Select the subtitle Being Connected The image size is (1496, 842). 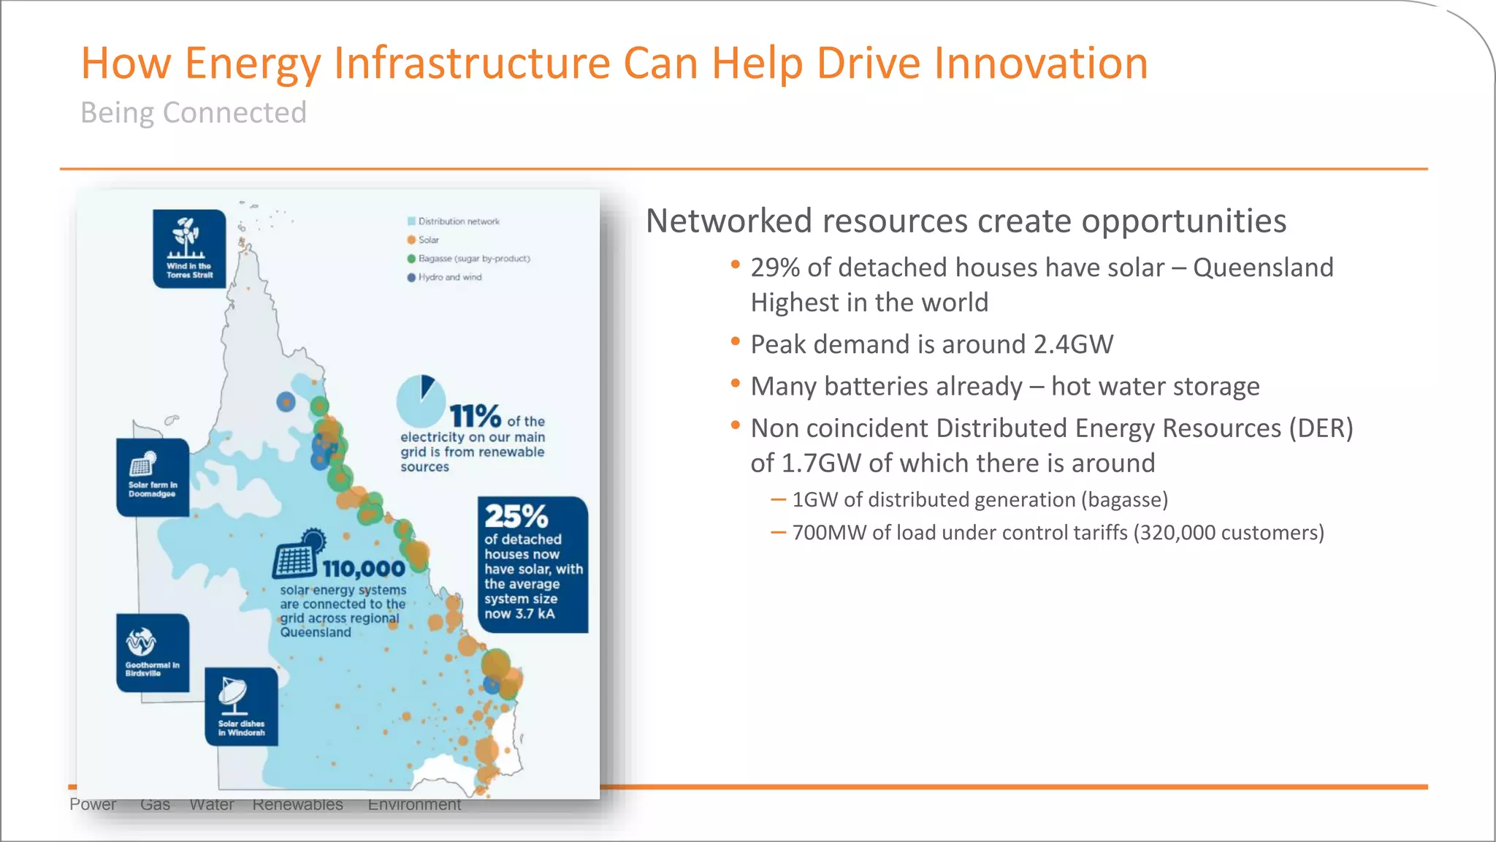pyautogui.click(x=194, y=113)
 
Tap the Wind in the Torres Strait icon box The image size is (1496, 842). pyautogui.click(x=189, y=249)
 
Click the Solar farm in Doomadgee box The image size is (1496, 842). pyautogui.click(x=153, y=477)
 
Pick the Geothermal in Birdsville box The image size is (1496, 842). pyautogui.click(x=153, y=653)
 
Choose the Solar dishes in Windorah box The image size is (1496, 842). pyautogui.click(x=241, y=706)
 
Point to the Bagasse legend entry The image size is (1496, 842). pyautogui.click(x=468, y=259)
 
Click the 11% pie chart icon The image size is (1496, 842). pyautogui.click(x=421, y=401)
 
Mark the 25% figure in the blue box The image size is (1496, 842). pyautogui.click(x=516, y=516)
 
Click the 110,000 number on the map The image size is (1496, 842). pyautogui.click(x=364, y=569)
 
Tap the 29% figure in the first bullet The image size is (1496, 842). pyautogui.click(x=775, y=268)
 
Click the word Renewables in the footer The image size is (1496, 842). pyautogui.click(x=297, y=805)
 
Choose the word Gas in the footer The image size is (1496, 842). pyautogui.click(x=155, y=805)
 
